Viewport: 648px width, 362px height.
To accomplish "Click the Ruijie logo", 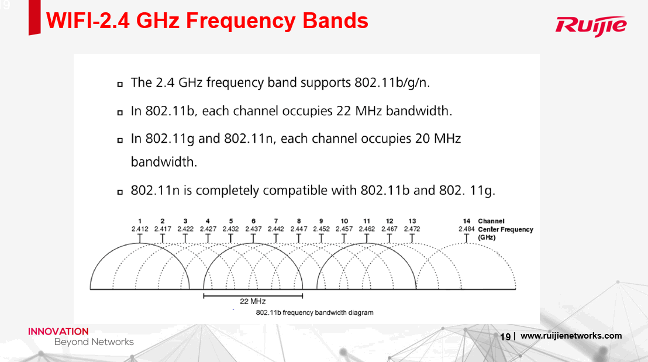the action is pyautogui.click(x=591, y=26).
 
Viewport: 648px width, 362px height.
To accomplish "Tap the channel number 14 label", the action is pyautogui.click(x=467, y=221).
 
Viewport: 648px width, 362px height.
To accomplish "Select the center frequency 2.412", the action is pyautogui.click(x=140, y=229).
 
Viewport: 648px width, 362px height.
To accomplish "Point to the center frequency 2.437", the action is pyautogui.click(x=253, y=229).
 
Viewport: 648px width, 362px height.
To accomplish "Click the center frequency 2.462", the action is pyautogui.click(x=367, y=229).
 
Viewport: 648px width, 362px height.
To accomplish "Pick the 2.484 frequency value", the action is pyautogui.click(x=467, y=229).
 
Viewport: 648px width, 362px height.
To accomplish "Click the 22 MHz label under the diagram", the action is pyautogui.click(x=253, y=301).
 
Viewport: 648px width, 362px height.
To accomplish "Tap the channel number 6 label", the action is pyautogui.click(x=253, y=221).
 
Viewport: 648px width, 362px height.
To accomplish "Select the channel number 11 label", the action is pyautogui.click(x=367, y=221).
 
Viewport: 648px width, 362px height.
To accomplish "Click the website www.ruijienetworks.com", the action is pyautogui.click(x=571, y=336).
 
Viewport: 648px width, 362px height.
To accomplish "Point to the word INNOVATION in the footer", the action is pyautogui.click(x=58, y=332).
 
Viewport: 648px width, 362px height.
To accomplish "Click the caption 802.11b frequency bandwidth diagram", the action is pyautogui.click(x=315, y=313).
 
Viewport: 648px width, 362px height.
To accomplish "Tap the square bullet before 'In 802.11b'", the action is pyautogui.click(x=120, y=112).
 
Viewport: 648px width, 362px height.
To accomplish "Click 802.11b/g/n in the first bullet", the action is pyautogui.click(x=392, y=82).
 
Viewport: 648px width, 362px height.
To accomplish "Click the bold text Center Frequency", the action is pyautogui.click(x=505, y=229).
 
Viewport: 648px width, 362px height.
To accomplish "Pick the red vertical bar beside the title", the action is pyautogui.click(x=35, y=18).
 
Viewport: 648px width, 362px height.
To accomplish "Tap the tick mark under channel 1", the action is pyautogui.click(x=140, y=239).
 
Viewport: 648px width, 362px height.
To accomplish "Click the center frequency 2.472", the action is pyautogui.click(x=412, y=229).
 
